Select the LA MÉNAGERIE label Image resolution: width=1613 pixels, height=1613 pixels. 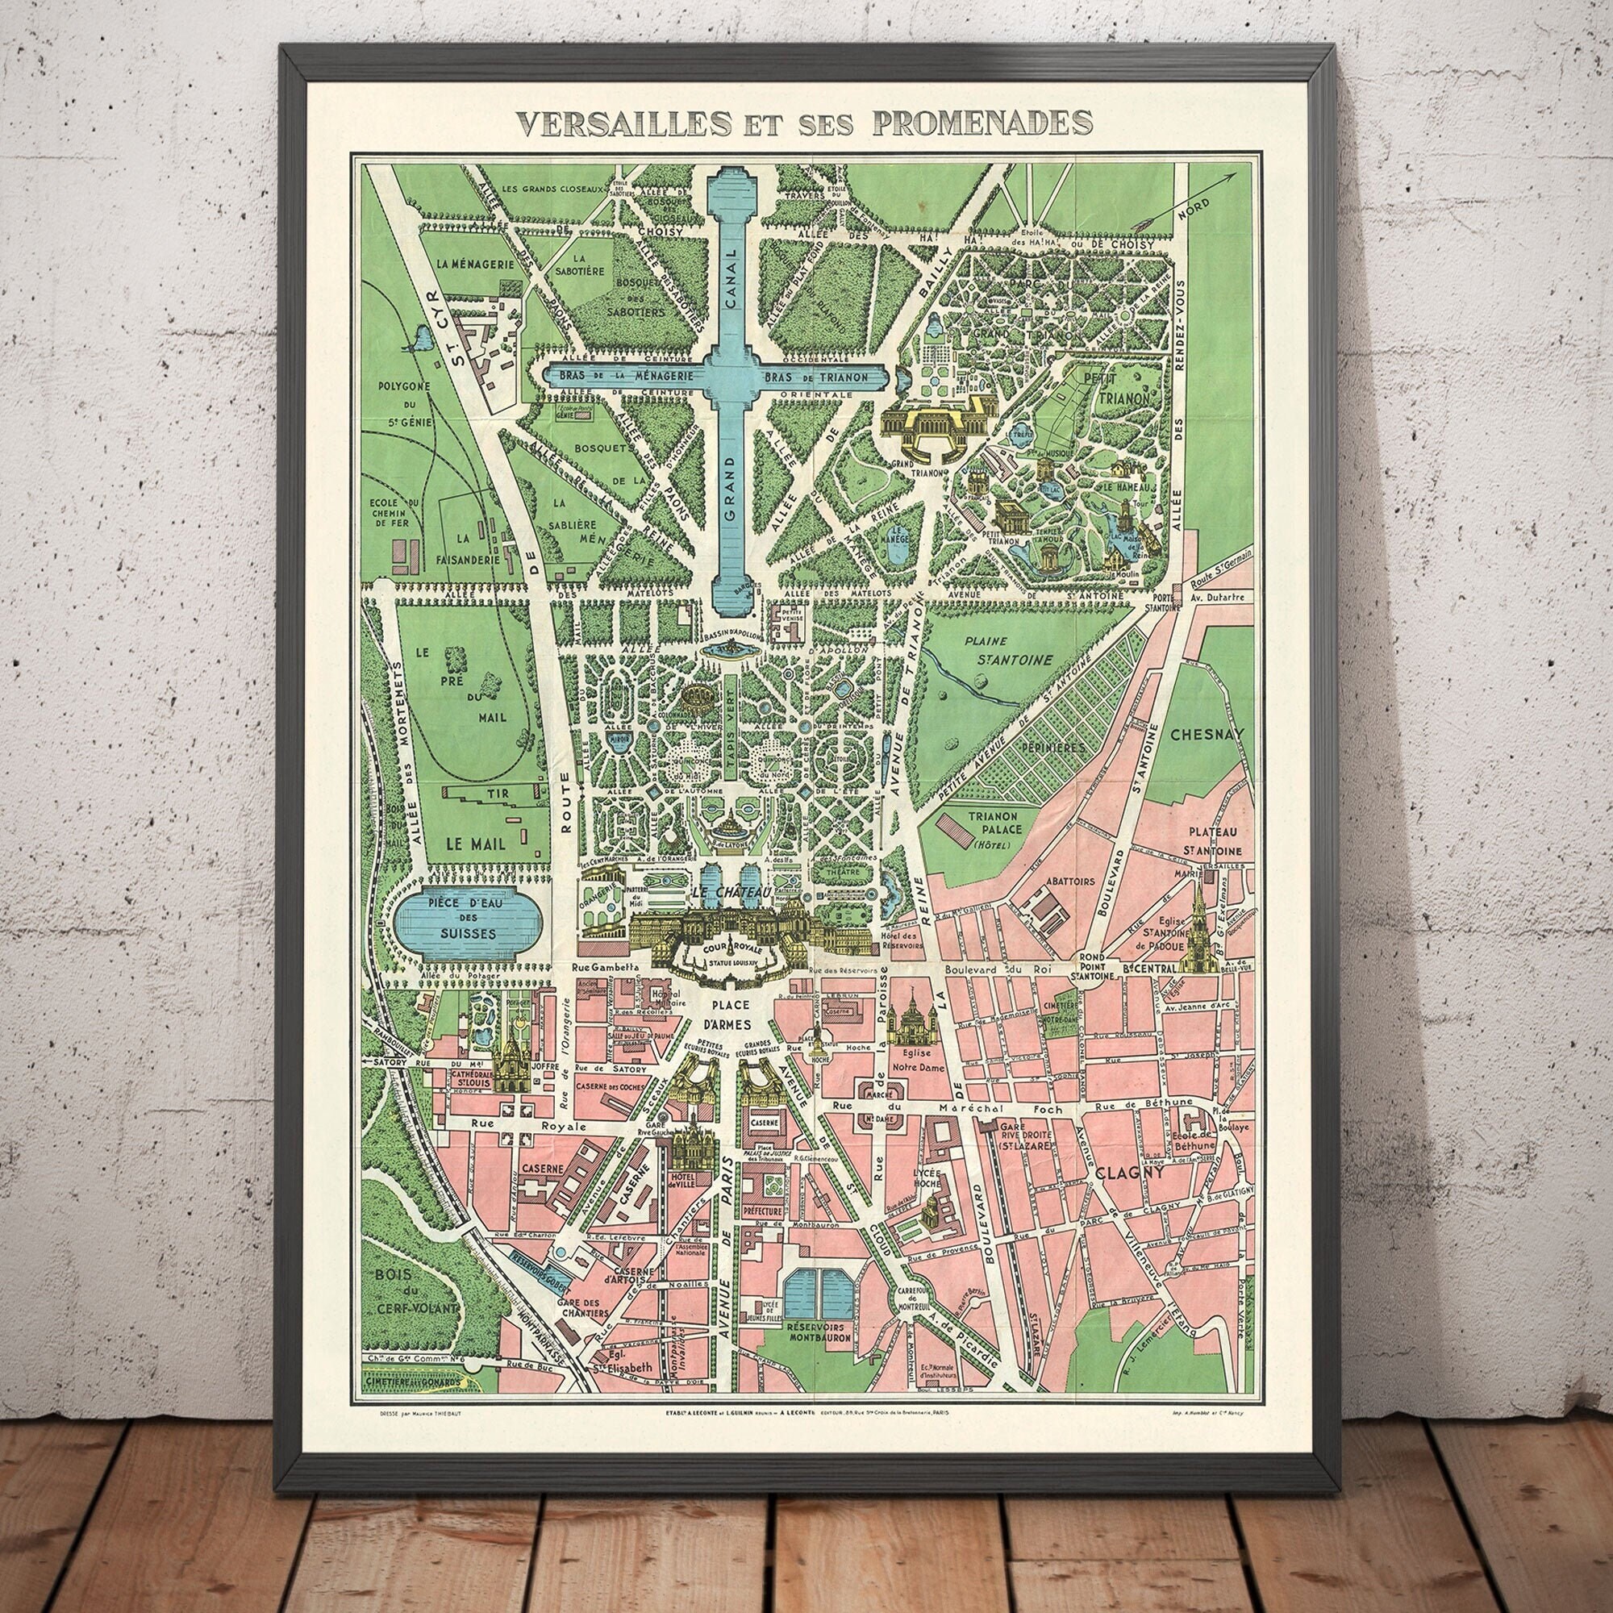click(x=469, y=265)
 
